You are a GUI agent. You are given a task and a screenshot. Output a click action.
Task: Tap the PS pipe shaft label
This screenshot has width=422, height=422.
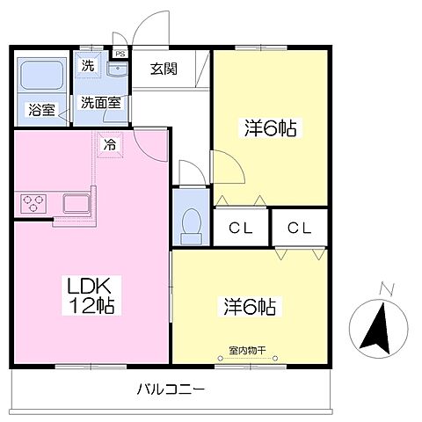point(120,53)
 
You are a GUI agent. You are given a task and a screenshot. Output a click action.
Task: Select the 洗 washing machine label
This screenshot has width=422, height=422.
point(89,65)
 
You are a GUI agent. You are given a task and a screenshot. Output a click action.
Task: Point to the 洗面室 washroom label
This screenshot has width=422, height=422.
point(100,103)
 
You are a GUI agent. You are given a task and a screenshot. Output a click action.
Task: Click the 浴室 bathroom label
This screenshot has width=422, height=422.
point(42,111)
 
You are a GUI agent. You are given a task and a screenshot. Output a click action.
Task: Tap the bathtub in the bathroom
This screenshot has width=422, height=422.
point(42,76)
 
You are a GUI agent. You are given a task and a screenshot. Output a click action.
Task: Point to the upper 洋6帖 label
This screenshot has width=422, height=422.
point(269,128)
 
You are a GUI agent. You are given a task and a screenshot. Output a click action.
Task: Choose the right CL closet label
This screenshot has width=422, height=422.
point(299,229)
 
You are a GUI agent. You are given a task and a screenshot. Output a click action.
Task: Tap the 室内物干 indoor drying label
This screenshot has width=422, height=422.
point(247,349)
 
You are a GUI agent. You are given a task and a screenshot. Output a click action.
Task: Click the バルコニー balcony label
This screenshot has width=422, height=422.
point(171,389)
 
